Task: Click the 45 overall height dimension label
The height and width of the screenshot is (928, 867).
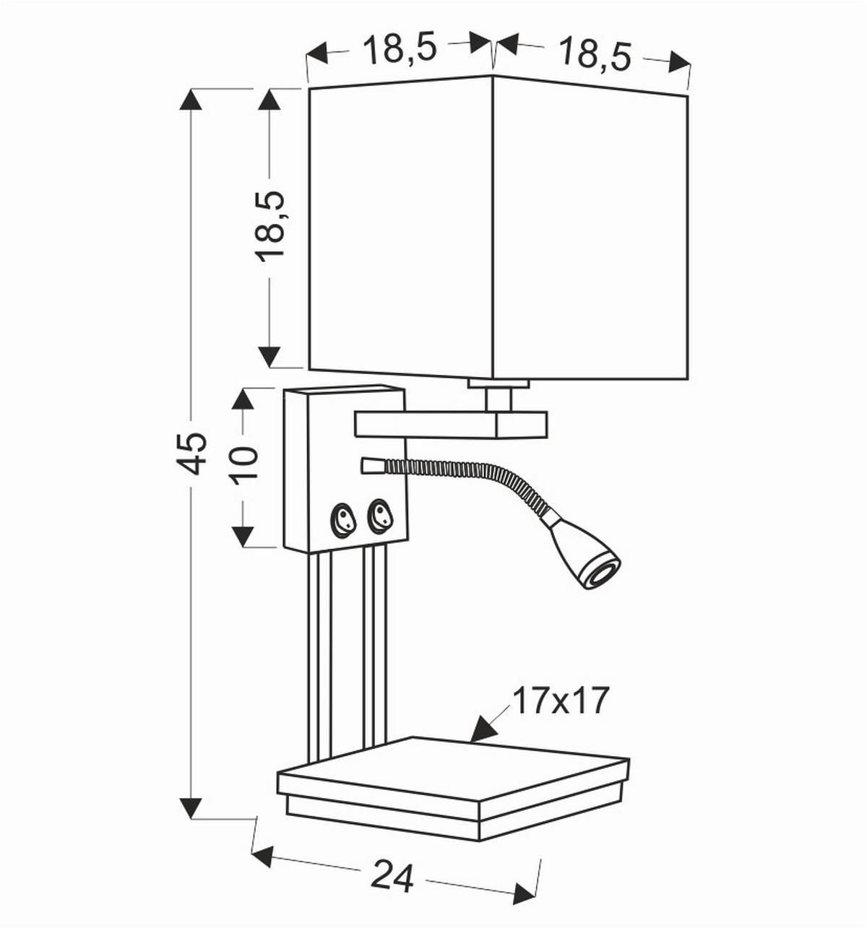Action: tap(192, 453)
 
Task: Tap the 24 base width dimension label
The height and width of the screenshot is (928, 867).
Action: tap(392, 877)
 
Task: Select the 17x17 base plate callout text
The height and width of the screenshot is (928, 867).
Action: tap(561, 701)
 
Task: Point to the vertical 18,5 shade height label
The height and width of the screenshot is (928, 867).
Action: tap(271, 225)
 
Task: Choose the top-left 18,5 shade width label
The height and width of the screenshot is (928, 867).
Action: tap(400, 48)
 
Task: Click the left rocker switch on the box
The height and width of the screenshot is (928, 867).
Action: tap(343, 519)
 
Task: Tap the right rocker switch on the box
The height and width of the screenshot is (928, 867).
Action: tap(380, 516)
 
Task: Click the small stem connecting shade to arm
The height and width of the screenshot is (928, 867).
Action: tap(499, 397)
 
